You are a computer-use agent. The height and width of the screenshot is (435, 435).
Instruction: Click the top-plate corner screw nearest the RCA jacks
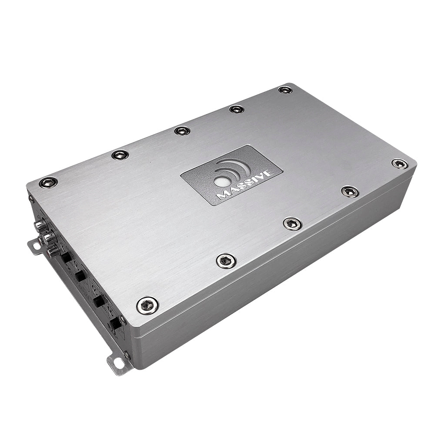coord(48,182)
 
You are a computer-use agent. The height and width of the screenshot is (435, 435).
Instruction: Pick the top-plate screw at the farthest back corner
coord(285,90)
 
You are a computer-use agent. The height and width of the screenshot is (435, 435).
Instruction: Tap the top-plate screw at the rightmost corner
coord(399,164)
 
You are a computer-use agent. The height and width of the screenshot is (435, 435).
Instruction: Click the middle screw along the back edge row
coord(182,130)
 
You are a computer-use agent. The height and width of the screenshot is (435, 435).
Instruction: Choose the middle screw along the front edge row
coord(292,224)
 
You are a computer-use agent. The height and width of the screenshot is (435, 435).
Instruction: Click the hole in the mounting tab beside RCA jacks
coord(34,247)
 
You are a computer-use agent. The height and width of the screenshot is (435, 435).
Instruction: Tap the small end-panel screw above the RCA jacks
coord(31,199)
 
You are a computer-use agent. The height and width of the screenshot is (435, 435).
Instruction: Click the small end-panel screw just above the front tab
coord(127,355)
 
